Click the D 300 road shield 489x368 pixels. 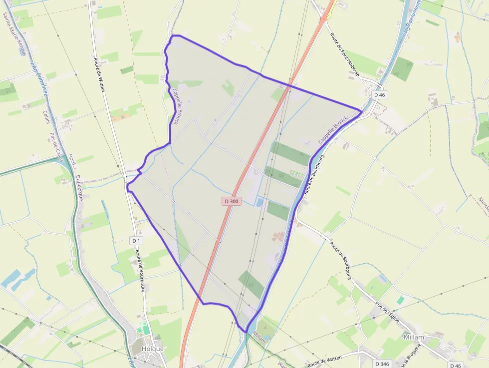[x=232, y=201]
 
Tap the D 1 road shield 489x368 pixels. [x=136, y=241]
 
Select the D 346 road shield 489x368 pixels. [x=382, y=364]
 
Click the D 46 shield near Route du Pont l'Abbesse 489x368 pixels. [x=380, y=94]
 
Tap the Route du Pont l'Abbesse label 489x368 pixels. [x=351, y=54]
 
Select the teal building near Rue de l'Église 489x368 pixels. [x=400, y=301]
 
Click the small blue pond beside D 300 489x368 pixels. [x=259, y=202]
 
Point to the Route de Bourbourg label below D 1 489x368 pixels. [x=139, y=270]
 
